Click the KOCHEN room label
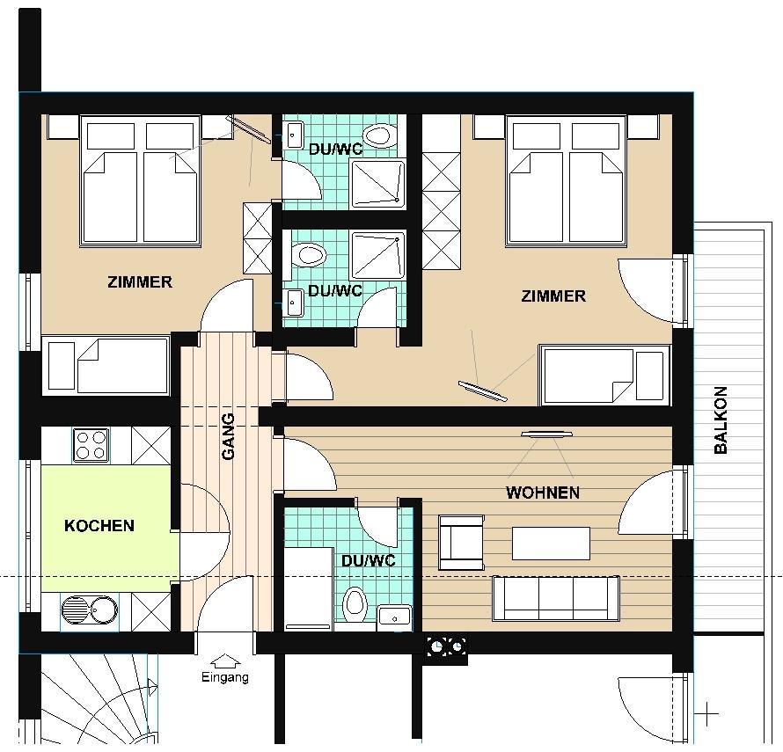pos(99,526)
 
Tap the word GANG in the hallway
pos(228,436)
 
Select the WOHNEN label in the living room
pos(543,493)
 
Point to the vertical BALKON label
pos(721,420)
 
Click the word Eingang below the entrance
pos(224,677)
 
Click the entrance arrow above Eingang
pos(226,661)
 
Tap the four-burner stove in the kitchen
pos(91,445)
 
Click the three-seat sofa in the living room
pos(556,598)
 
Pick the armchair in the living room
pos(461,543)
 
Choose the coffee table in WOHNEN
pos(551,544)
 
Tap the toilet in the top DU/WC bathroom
pos(377,135)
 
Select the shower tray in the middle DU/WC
pos(378,255)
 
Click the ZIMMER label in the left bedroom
pos(140,282)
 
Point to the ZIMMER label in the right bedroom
pos(553,296)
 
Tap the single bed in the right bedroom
pos(604,375)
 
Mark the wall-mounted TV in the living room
pos(545,434)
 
